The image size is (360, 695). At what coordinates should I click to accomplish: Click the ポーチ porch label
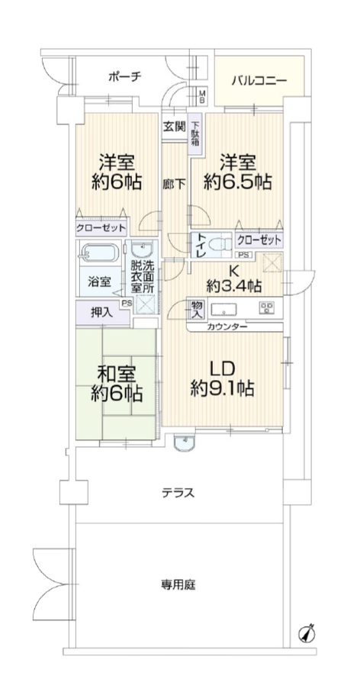124,76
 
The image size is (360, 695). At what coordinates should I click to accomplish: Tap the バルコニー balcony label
260,81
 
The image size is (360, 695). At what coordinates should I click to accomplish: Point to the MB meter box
201,97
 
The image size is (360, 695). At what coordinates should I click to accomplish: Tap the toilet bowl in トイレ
220,243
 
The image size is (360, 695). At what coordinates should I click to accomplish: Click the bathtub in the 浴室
99,254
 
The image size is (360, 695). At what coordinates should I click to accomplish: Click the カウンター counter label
227,327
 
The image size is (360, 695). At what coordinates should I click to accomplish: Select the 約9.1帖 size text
222,389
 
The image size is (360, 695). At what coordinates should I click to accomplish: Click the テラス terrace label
178,492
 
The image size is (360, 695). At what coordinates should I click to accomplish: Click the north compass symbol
307,633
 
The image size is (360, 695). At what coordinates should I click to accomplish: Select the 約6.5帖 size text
237,182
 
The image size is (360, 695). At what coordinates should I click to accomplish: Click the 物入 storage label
197,310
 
